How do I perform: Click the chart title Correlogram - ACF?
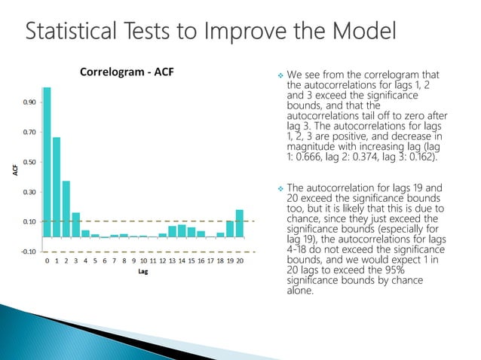pos(132,72)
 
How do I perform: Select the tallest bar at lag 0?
pos(47,162)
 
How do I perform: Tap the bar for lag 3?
pos(76,224)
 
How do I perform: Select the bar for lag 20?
pos(240,223)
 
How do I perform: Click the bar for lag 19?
pos(230,228)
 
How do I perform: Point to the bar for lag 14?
pos(182,230)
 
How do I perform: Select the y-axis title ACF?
pos(14,172)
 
